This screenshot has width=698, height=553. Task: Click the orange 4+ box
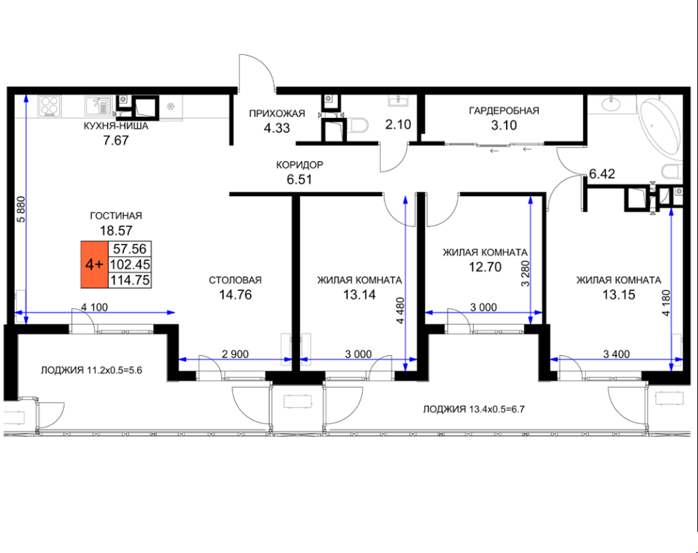tap(95, 264)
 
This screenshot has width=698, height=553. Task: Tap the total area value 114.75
tap(130, 280)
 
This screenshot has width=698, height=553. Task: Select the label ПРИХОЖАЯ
tap(277, 114)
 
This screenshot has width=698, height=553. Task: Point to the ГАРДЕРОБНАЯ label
tap(504, 111)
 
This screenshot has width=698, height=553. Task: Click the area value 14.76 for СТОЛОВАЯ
tap(235, 294)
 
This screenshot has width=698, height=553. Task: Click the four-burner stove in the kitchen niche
tap(49, 107)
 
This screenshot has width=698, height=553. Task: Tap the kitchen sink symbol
tap(98, 106)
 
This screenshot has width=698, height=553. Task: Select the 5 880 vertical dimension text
tap(21, 209)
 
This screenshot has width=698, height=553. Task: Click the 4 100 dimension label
tap(95, 307)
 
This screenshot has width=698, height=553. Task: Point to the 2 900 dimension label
tap(235, 355)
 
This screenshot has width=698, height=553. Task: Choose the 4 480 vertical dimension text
tap(400, 311)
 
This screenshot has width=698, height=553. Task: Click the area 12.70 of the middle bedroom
tap(485, 267)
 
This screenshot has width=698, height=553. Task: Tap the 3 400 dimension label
tap(617, 355)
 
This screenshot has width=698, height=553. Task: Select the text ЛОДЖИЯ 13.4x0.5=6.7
tap(474, 409)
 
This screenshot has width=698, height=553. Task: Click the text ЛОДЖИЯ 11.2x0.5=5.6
tap(91, 370)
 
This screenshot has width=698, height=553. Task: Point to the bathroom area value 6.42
tap(602, 174)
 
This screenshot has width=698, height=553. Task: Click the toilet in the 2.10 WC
tap(359, 125)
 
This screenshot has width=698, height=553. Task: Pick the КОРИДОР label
tap(300, 165)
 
